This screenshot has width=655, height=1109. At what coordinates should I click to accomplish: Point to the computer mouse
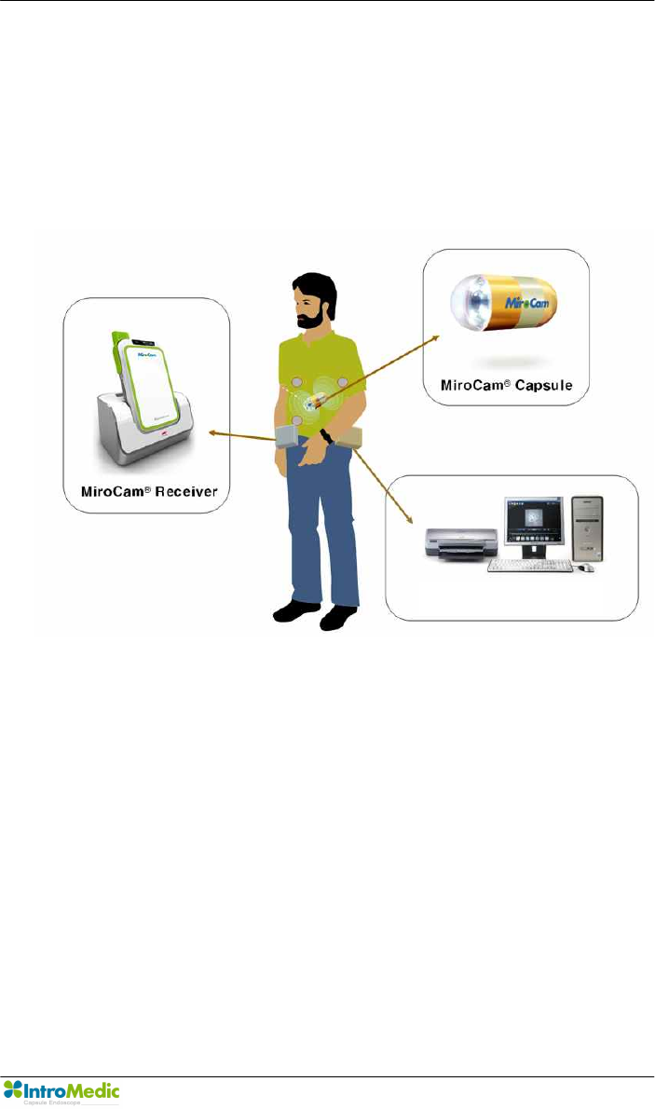[x=586, y=567]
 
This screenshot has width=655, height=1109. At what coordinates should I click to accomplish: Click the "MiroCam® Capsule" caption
[x=507, y=385]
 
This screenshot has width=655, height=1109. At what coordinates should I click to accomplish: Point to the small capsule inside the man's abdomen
[x=314, y=402]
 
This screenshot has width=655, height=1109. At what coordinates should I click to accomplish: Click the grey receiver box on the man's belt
[x=286, y=436]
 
